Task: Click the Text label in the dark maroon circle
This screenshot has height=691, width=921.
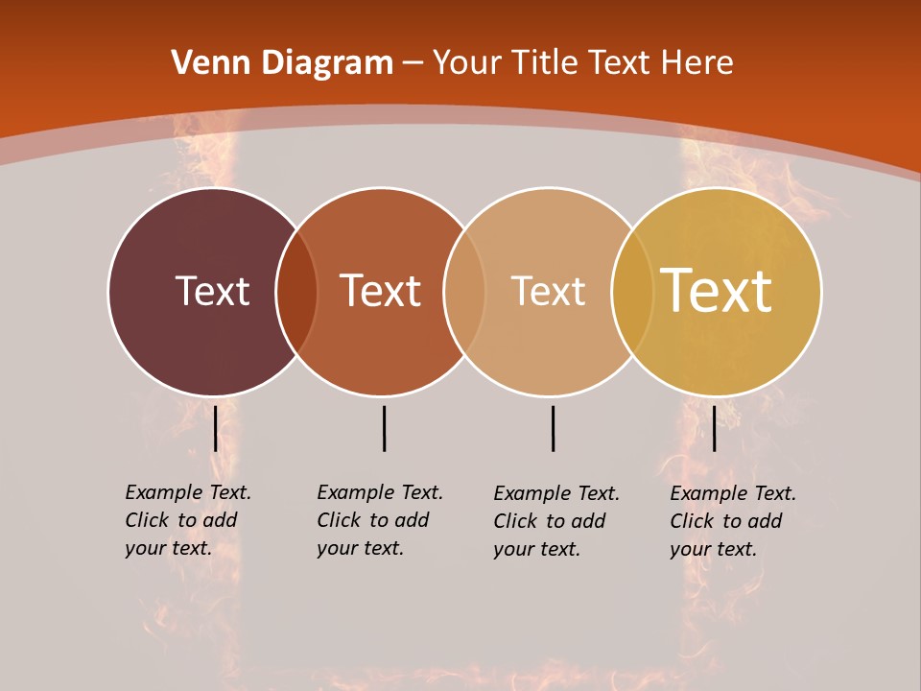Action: click(x=212, y=291)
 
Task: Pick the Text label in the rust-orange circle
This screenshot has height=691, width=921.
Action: click(x=380, y=291)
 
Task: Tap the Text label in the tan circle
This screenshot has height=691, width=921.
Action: click(x=548, y=291)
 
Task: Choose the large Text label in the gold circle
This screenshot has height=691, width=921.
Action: click(x=717, y=291)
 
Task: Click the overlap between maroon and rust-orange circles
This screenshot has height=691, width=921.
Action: click(x=296, y=291)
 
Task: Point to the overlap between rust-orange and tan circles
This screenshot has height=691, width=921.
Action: click(x=464, y=291)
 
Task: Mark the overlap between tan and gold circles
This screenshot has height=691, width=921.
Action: click(x=632, y=291)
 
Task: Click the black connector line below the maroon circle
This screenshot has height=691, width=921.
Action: click(x=216, y=428)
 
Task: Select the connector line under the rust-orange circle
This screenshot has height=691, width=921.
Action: click(x=384, y=428)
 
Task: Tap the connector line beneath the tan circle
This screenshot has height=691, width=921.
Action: click(x=553, y=428)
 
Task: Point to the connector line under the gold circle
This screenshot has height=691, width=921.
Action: click(x=714, y=428)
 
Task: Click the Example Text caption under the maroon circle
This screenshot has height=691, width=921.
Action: click(x=188, y=520)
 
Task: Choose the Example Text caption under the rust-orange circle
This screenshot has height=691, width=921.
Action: click(x=380, y=520)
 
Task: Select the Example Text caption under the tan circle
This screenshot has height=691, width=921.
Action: click(x=556, y=521)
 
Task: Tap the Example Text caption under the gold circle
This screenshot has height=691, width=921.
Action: click(x=733, y=521)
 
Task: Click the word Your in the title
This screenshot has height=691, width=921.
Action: click(x=467, y=63)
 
